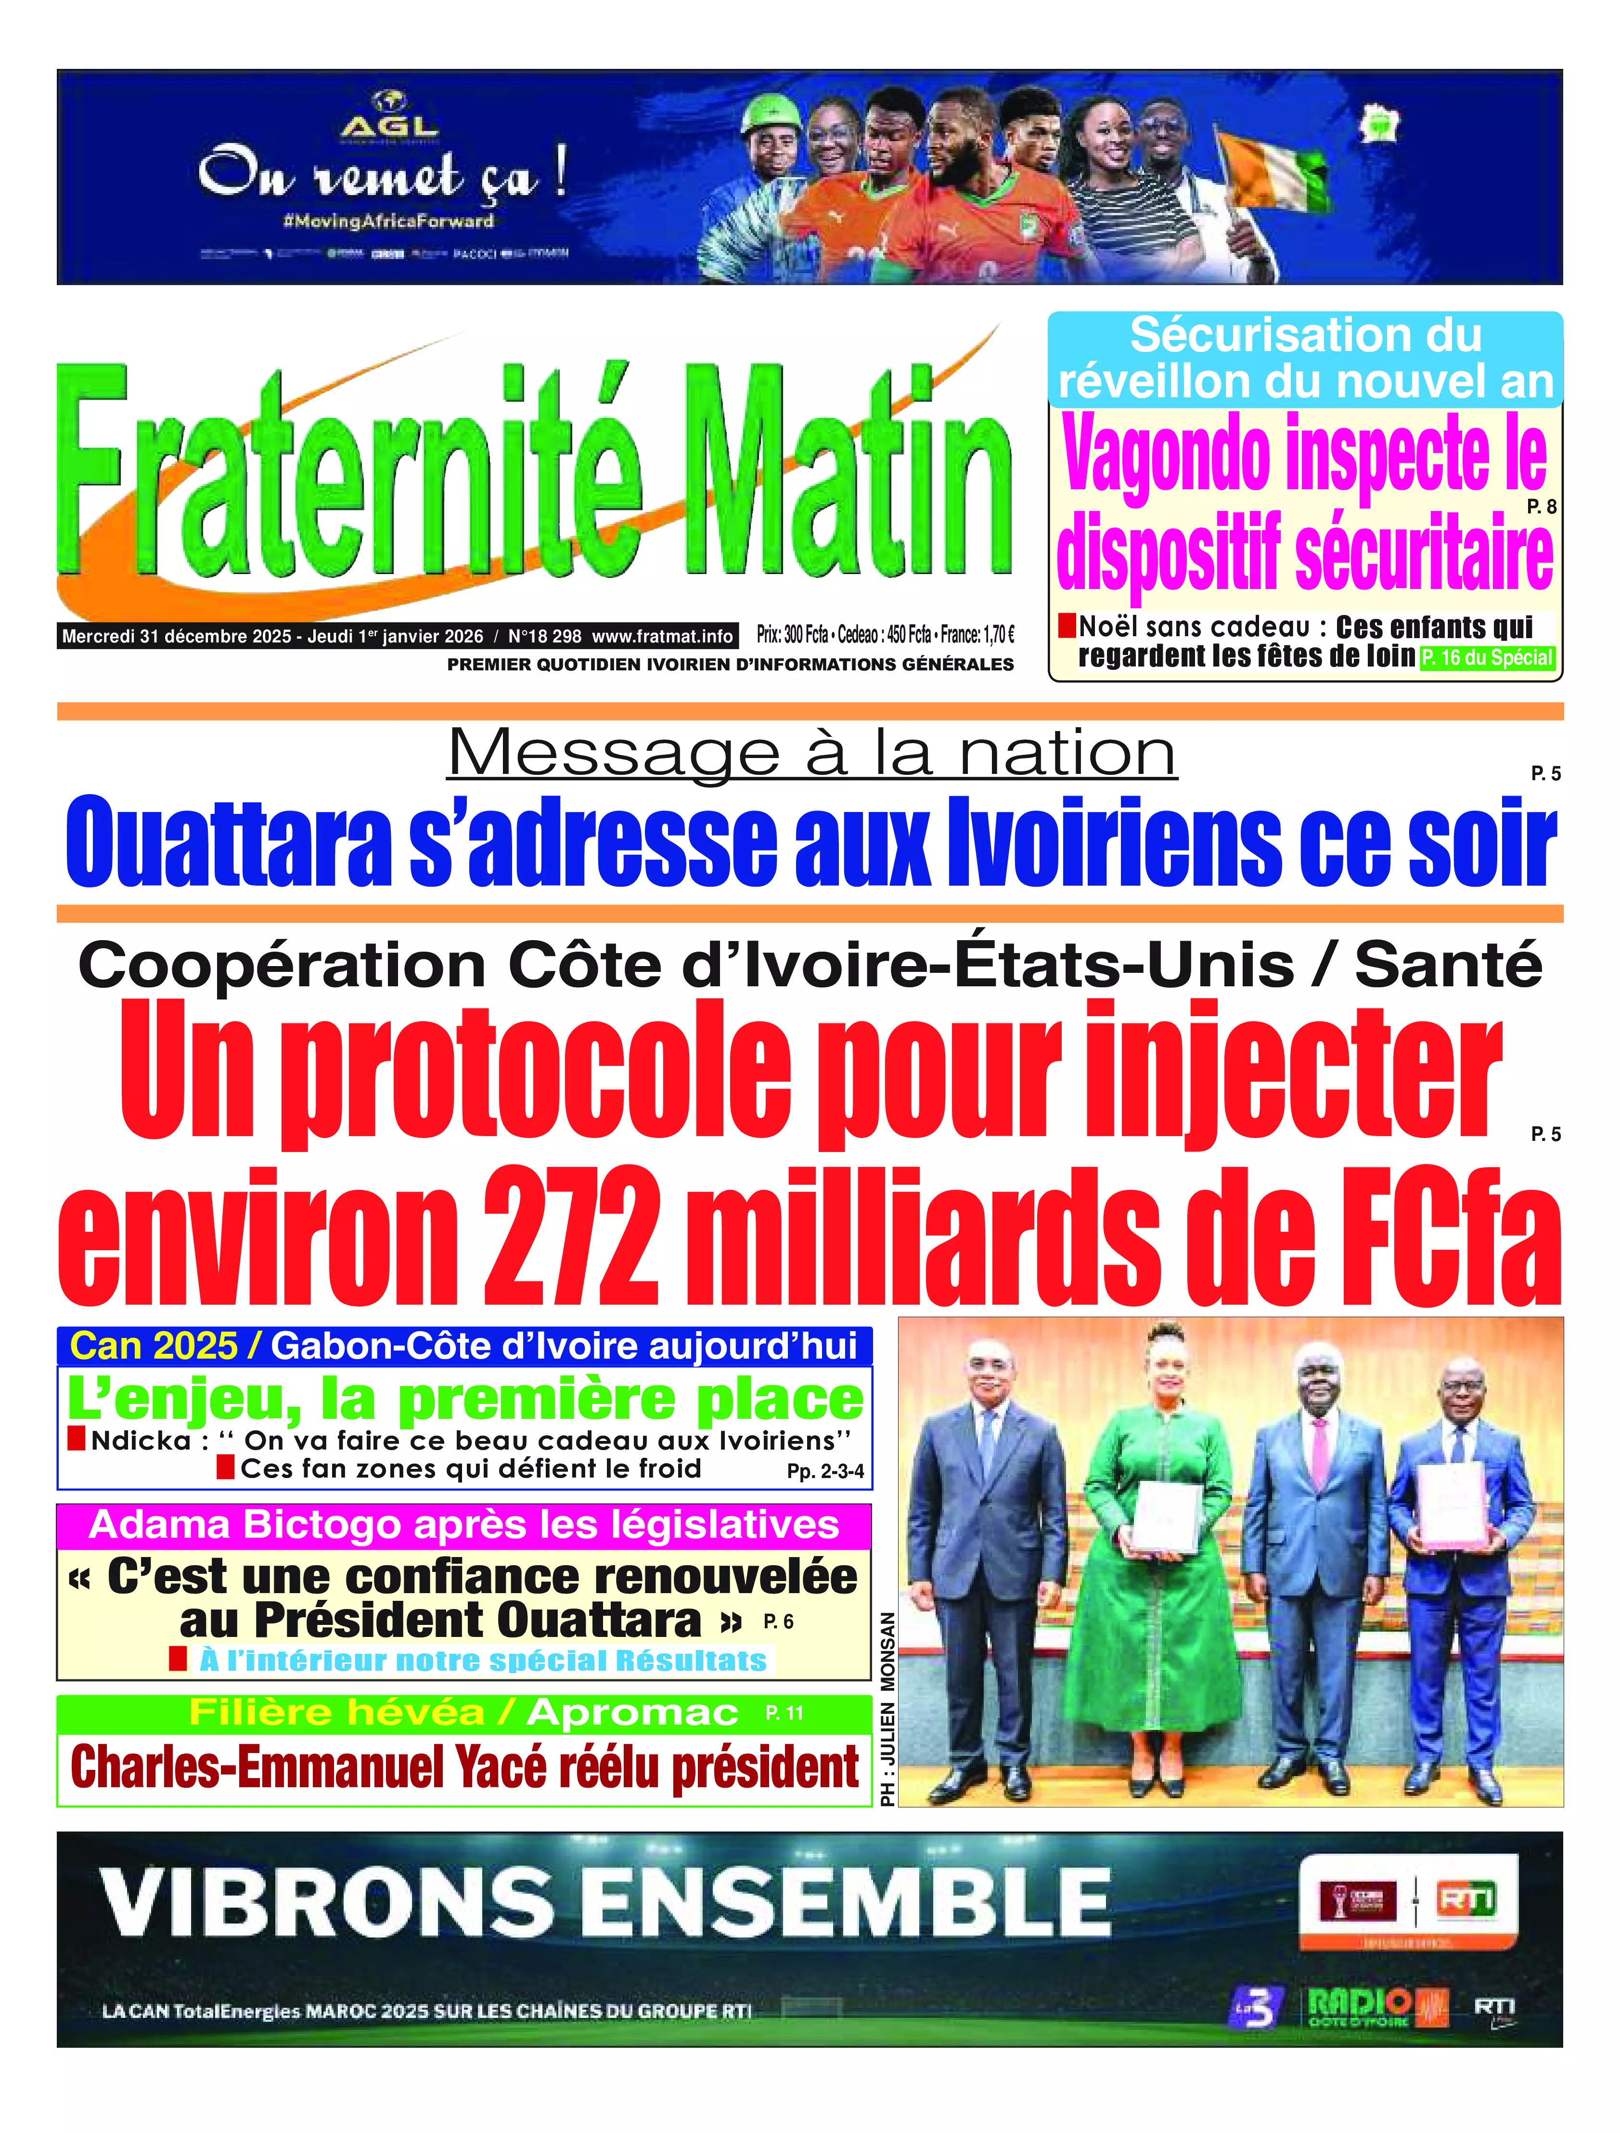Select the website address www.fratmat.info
point(661,636)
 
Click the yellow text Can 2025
point(154,1345)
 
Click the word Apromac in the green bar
point(631,1713)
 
